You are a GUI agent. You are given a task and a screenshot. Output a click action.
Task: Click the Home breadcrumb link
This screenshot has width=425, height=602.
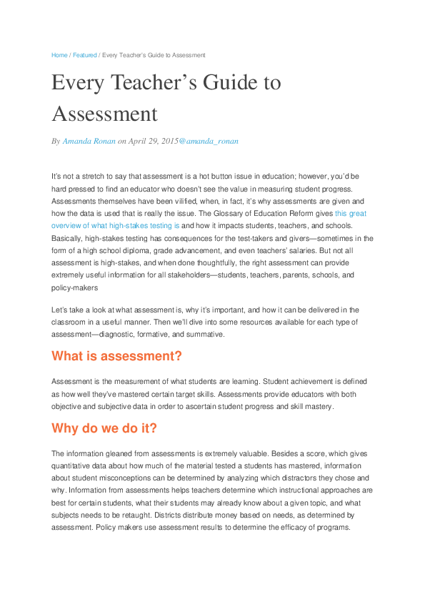click(x=59, y=55)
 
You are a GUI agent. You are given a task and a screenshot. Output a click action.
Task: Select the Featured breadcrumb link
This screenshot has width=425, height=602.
click(x=84, y=55)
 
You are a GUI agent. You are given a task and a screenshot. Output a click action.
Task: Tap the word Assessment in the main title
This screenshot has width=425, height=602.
click(x=104, y=114)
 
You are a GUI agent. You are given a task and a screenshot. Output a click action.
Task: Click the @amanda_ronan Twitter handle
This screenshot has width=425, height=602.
click(x=209, y=142)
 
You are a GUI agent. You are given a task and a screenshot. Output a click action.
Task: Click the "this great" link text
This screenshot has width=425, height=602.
click(x=351, y=213)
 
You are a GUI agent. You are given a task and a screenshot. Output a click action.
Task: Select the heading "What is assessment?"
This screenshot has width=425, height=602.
click(x=117, y=356)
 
